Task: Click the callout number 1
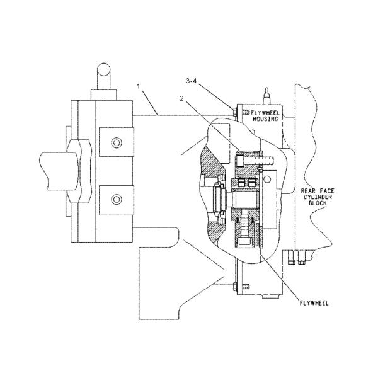[x=139, y=86]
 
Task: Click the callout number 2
[x=182, y=98]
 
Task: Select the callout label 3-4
[x=191, y=81]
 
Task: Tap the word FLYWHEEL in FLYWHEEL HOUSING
[x=265, y=113]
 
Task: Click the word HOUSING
[x=265, y=118]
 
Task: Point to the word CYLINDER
[x=318, y=197]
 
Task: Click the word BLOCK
[x=318, y=203]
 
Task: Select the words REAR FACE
[x=318, y=191]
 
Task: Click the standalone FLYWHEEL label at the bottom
[x=314, y=303]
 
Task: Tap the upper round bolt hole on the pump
[x=117, y=143]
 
